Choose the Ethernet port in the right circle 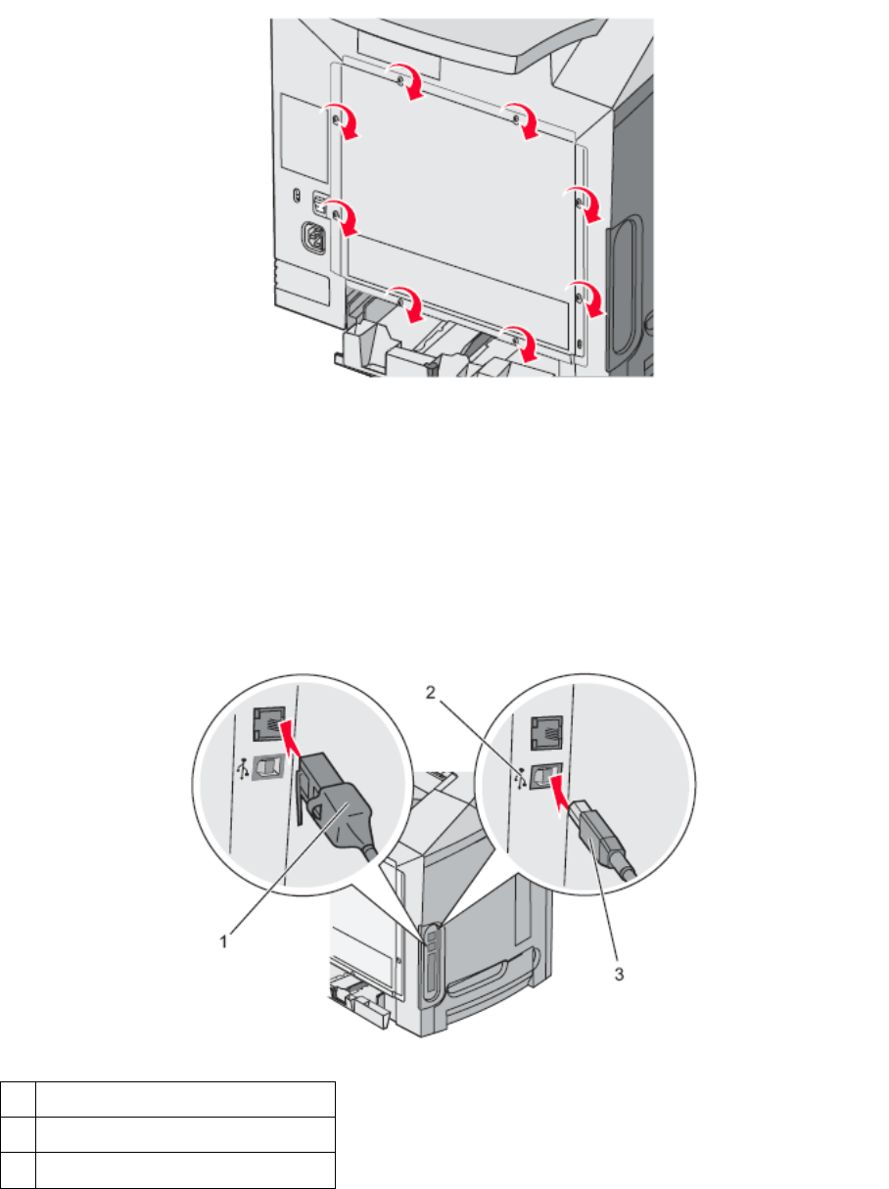pyautogui.click(x=544, y=728)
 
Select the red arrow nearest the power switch pyautogui.click(x=345, y=218)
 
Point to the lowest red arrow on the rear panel pyautogui.click(x=520, y=343)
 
